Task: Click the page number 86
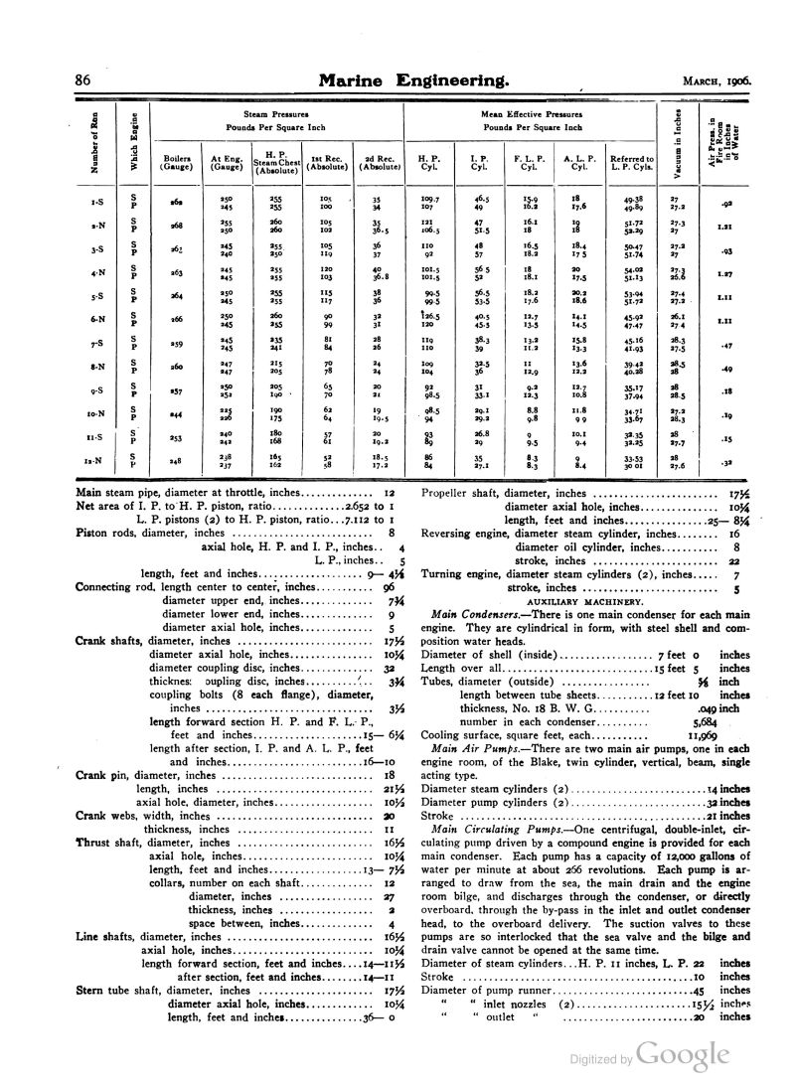[83, 78]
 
